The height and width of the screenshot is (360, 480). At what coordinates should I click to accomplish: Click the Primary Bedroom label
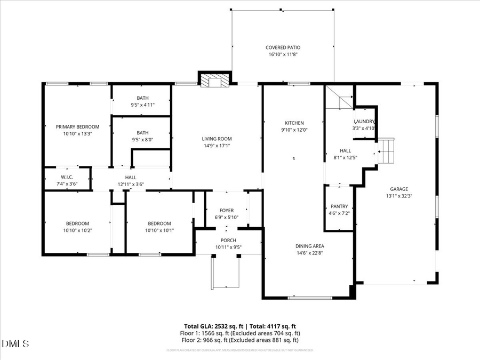coord(78,126)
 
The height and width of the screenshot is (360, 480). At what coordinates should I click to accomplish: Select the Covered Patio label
coord(283,47)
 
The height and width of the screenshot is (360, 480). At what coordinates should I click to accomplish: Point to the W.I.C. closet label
coord(67,177)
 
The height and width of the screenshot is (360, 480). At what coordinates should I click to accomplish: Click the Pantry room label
coord(339,206)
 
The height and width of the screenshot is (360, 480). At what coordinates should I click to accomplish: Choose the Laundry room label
coord(364,121)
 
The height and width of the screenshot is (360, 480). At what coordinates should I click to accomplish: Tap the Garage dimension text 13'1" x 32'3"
coord(398,196)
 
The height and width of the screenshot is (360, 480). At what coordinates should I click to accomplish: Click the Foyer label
coord(227,211)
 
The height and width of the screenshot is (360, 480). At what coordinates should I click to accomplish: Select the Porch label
coord(228,241)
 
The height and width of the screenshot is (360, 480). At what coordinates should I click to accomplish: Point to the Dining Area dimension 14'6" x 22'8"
coord(310,253)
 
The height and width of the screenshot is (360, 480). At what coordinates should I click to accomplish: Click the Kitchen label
coord(294,123)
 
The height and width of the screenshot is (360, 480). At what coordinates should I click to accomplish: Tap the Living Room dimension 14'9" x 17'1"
coord(217,146)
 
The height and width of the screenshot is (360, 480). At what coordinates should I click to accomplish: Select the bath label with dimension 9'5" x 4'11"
coord(142,98)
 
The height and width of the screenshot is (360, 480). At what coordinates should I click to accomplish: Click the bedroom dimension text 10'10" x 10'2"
coord(77,230)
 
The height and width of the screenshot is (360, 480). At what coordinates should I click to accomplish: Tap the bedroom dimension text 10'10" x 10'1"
coord(159,230)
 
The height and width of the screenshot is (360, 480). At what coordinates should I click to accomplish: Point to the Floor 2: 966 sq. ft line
coord(240,340)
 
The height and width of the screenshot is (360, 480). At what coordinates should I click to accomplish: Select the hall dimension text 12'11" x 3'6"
coord(131,185)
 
